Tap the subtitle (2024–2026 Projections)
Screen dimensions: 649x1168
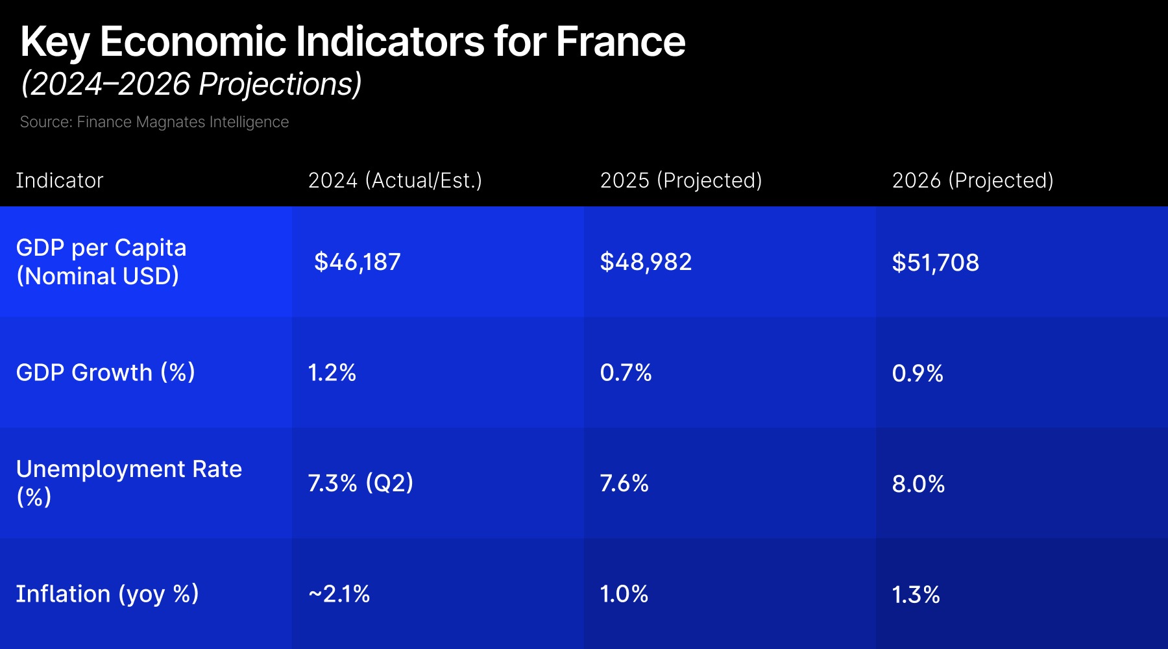coord(191,84)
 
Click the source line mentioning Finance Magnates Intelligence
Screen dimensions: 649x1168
coord(154,122)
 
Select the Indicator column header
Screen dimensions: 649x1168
coord(59,180)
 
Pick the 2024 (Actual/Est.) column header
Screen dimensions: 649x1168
coord(395,180)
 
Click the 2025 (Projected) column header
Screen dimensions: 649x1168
coord(681,180)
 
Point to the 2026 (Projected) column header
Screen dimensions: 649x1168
coord(972,180)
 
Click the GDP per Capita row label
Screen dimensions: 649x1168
coord(101,262)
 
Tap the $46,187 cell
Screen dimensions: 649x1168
coord(357,262)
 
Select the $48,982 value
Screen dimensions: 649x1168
coord(646,262)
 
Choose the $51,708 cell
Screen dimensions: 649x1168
coord(935,263)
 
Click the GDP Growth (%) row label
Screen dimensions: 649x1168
coord(105,373)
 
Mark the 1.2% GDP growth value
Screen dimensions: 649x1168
coord(332,373)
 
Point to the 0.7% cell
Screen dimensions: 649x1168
coord(626,373)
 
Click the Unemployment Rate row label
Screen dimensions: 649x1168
coord(128,482)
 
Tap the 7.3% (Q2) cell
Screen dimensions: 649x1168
coord(360,484)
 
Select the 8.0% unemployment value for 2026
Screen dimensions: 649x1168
coord(918,484)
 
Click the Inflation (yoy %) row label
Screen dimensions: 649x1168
coord(107,594)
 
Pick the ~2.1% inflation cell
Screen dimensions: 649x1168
coord(339,594)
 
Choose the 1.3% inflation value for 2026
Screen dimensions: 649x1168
coord(916,595)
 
